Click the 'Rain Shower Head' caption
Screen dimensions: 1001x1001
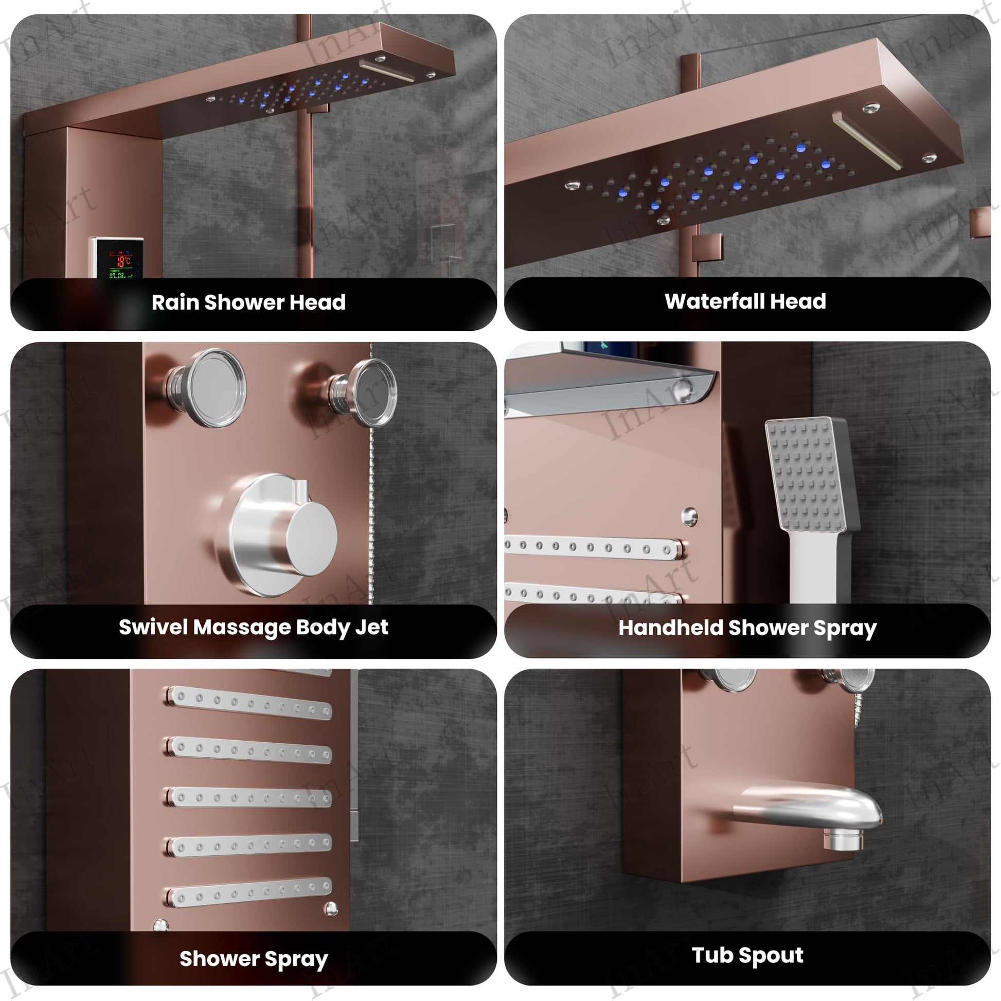[x=248, y=302]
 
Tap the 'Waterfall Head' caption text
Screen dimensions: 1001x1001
[x=745, y=301]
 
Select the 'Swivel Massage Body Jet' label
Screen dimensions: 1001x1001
[x=254, y=627]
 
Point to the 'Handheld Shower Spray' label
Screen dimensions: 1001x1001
[x=747, y=628]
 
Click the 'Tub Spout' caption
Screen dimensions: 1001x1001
[x=747, y=955]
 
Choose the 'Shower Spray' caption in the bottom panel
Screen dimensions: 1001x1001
[x=254, y=958]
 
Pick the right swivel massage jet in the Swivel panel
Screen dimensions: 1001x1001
[x=365, y=392]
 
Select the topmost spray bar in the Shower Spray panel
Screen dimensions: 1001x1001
[x=249, y=703]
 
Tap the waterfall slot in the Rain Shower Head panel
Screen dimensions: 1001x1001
[x=387, y=71]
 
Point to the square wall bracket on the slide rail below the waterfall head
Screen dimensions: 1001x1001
[x=707, y=247]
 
